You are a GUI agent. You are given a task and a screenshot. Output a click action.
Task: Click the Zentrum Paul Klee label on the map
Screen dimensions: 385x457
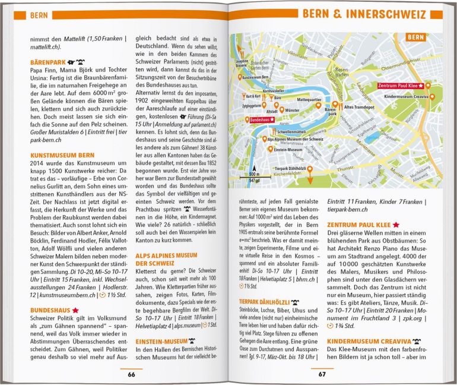(400, 86)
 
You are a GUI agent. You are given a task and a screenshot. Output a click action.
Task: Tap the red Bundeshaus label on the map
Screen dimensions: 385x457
(263, 120)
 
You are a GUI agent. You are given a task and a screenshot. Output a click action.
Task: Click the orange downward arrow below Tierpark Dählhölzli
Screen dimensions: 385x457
(309, 173)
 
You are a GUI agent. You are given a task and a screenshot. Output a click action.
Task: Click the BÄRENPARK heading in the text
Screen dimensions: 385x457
(49, 61)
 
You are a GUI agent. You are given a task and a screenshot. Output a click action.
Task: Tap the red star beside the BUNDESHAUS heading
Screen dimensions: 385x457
(75, 310)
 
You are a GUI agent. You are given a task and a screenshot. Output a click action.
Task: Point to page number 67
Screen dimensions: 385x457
(322, 374)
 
